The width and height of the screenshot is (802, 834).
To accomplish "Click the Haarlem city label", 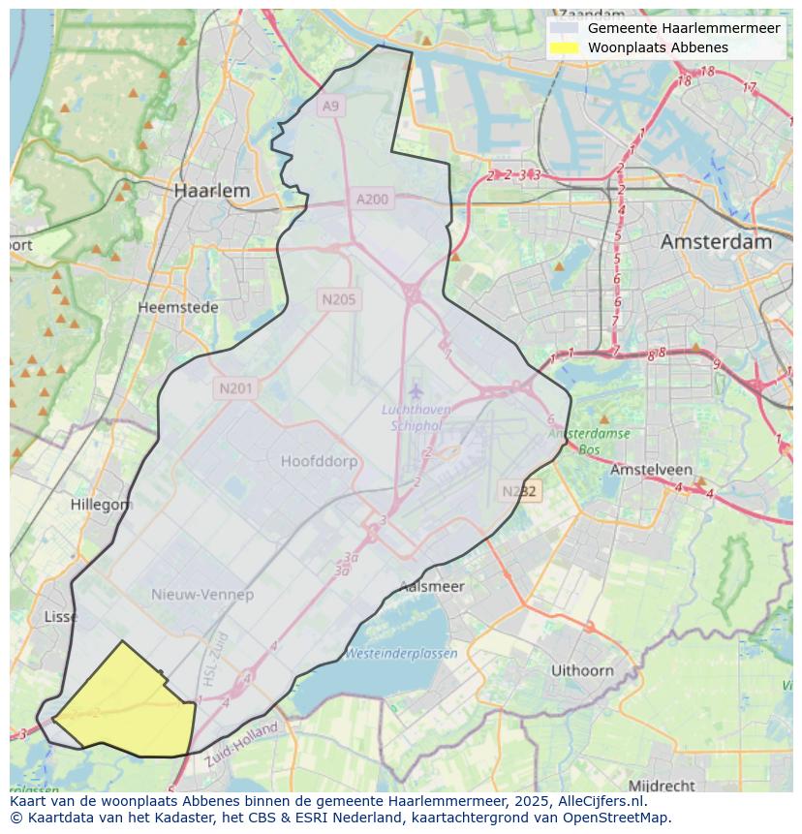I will click(211, 191).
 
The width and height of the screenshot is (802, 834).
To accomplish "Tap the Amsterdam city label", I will click(716, 241).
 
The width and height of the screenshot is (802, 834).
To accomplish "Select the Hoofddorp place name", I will click(319, 461).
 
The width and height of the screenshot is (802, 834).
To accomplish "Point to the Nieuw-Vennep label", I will click(202, 594).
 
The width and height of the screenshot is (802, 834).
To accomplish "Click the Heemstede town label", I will click(177, 307).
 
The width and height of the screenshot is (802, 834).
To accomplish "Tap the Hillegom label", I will click(101, 505).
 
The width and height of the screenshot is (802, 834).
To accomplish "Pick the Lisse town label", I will click(61, 616).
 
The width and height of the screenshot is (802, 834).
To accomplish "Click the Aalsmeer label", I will click(432, 586).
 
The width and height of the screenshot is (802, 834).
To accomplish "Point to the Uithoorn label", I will click(582, 669).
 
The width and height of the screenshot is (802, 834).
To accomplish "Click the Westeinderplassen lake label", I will click(401, 653).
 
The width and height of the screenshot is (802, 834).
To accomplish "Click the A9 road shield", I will click(331, 106).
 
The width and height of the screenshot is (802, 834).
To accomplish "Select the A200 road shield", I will click(372, 200).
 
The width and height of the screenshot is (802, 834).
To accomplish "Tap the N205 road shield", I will click(338, 299).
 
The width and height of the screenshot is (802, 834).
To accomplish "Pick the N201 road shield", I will click(235, 388).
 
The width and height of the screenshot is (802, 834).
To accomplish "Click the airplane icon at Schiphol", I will click(416, 391).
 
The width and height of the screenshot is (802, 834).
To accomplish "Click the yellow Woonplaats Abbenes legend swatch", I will click(563, 47).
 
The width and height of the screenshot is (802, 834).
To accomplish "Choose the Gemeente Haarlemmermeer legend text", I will click(683, 28).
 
